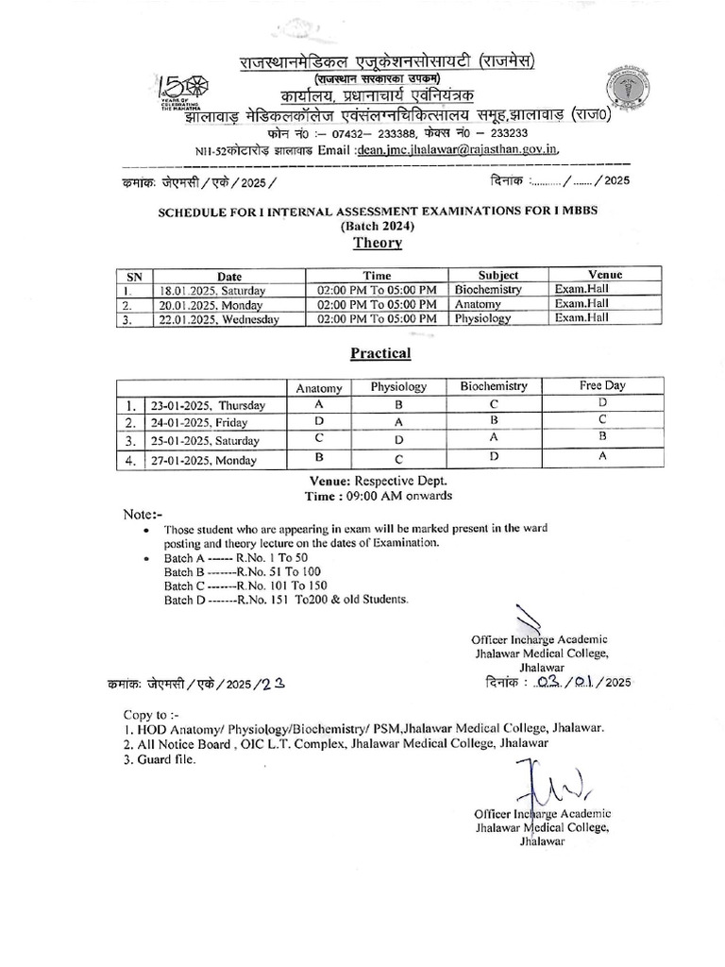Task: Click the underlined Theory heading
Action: tap(378, 243)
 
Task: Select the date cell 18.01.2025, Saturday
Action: tap(212, 291)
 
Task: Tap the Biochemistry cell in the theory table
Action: tap(487, 290)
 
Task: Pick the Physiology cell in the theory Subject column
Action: tap(482, 318)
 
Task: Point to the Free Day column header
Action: tap(602, 385)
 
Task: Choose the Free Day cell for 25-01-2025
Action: tap(602, 437)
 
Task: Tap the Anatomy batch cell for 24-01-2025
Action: tap(319, 419)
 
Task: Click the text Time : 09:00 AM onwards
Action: tap(378, 495)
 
